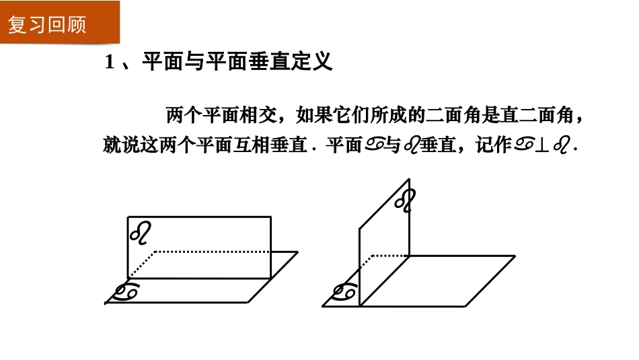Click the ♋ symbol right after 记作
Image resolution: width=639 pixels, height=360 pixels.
point(525,146)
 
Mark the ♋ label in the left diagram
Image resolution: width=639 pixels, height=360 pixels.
point(126,292)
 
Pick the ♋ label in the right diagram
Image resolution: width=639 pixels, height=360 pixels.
point(344,292)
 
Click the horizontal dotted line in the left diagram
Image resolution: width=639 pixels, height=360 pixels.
point(212,252)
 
